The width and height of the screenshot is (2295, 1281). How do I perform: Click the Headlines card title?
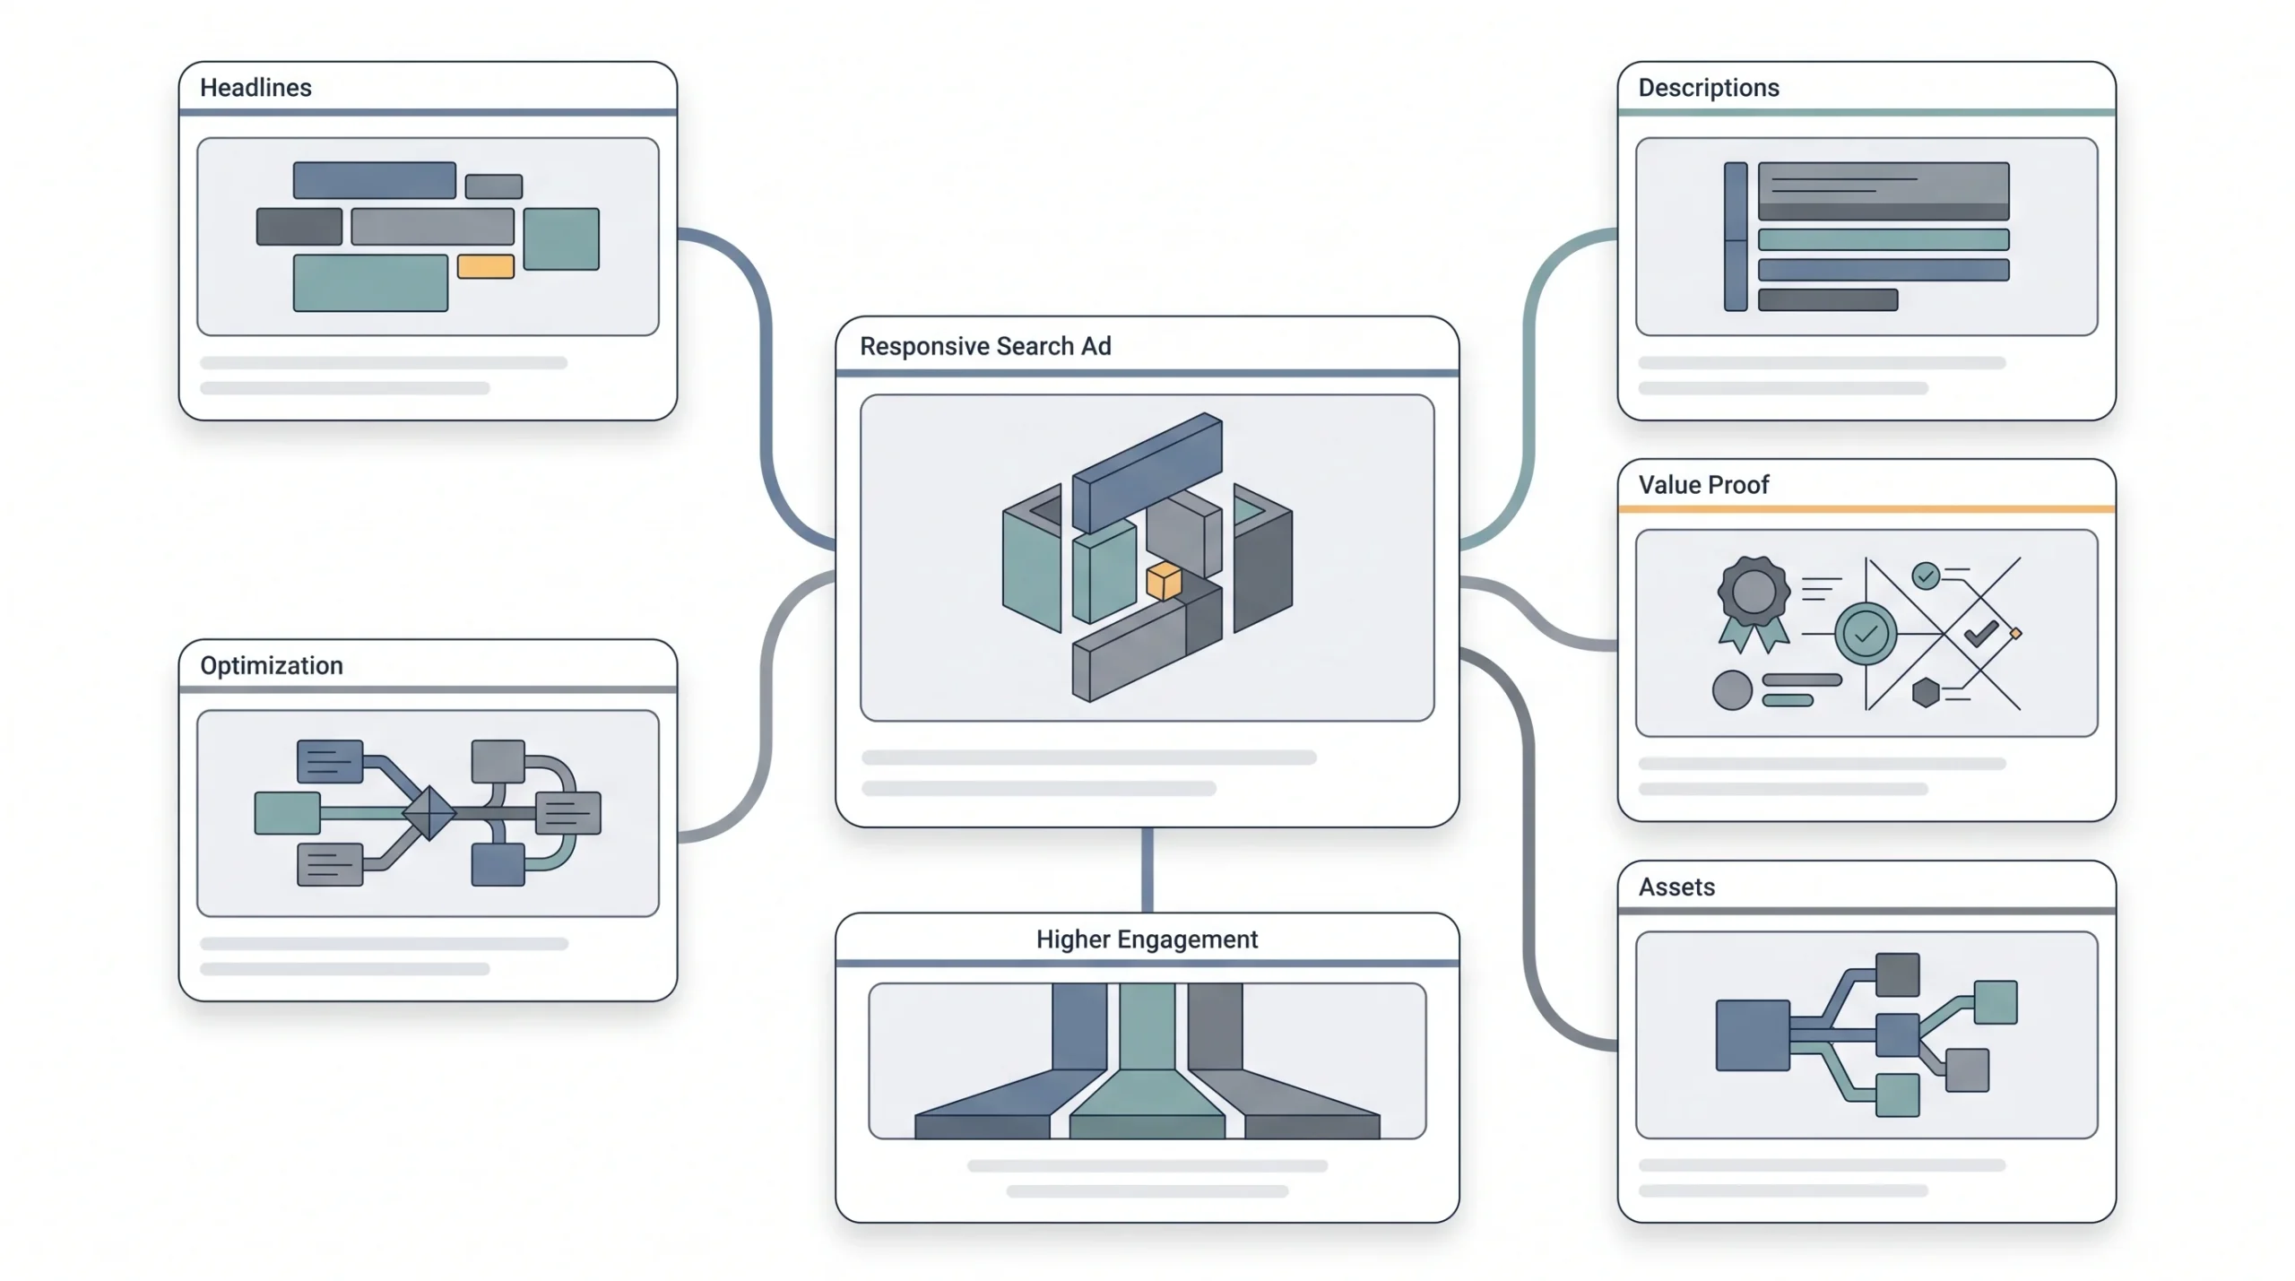click(x=255, y=88)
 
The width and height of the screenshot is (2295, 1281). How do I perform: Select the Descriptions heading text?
click(x=1709, y=88)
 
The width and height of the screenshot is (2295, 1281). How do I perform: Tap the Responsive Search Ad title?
click(x=985, y=346)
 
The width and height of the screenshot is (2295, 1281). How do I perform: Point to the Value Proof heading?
click(x=1703, y=485)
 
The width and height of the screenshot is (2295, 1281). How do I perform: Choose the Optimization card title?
click(x=272, y=665)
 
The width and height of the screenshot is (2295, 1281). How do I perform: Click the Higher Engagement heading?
click(x=1147, y=939)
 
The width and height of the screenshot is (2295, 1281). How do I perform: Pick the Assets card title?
click(x=1676, y=887)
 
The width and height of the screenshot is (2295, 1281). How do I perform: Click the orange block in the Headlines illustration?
click(x=486, y=266)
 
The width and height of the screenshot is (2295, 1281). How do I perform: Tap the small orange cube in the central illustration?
click(x=1164, y=581)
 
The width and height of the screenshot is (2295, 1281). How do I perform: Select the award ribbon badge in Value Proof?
click(x=1754, y=602)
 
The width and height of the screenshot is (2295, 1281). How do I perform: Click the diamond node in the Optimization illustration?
click(x=429, y=813)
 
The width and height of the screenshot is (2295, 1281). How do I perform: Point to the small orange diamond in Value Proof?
click(x=2015, y=634)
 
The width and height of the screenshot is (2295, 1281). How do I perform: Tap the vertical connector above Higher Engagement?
click(x=1147, y=870)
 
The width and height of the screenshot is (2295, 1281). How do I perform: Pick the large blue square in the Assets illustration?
click(x=1753, y=1035)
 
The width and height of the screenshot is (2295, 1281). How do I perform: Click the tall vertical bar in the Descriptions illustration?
click(x=1736, y=237)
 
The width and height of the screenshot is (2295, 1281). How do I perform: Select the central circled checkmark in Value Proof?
click(x=1866, y=635)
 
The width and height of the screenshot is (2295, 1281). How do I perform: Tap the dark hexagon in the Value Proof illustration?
click(x=1926, y=692)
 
